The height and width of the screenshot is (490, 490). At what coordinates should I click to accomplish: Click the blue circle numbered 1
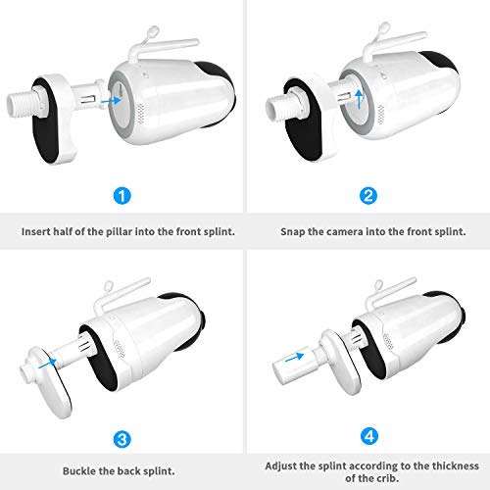coord(122,196)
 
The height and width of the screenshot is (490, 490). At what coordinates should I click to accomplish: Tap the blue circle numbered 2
coord(367,196)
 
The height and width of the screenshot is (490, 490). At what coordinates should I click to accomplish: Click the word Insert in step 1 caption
coord(40,234)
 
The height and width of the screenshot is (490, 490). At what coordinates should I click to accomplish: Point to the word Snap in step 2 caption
coord(295,234)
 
